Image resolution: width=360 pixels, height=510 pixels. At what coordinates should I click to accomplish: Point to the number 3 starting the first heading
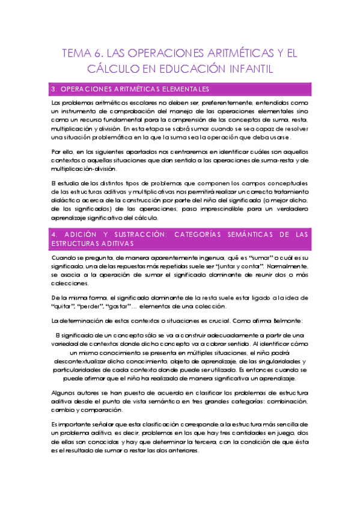(x=53, y=90)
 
